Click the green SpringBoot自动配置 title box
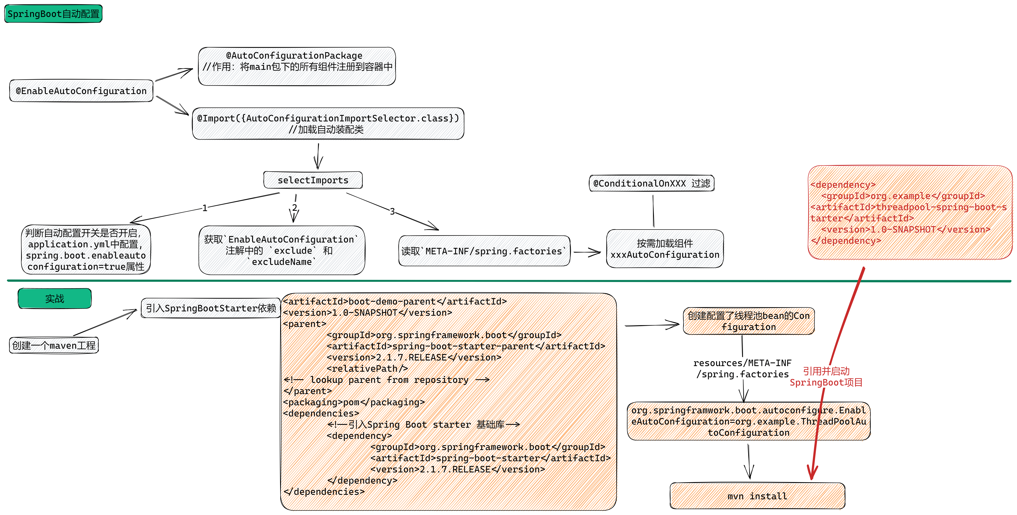click(x=53, y=14)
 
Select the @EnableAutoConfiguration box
click(x=81, y=91)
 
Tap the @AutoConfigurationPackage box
click(x=297, y=66)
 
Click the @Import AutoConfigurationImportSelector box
click(x=328, y=124)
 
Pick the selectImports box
click(x=313, y=180)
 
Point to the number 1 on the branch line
click(x=205, y=208)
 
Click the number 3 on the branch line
click(x=392, y=212)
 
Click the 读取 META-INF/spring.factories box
click(x=484, y=251)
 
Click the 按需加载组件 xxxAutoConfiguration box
click(x=665, y=249)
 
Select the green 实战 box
click(x=54, y=298)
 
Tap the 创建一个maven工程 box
click(x=54, y=345)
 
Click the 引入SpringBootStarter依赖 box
click(x=211, y=308)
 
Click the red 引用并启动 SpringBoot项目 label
click(x=826, y=376)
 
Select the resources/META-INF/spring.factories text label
click(x=742, y=368)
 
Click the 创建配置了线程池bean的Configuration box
click(x=749, y=321)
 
